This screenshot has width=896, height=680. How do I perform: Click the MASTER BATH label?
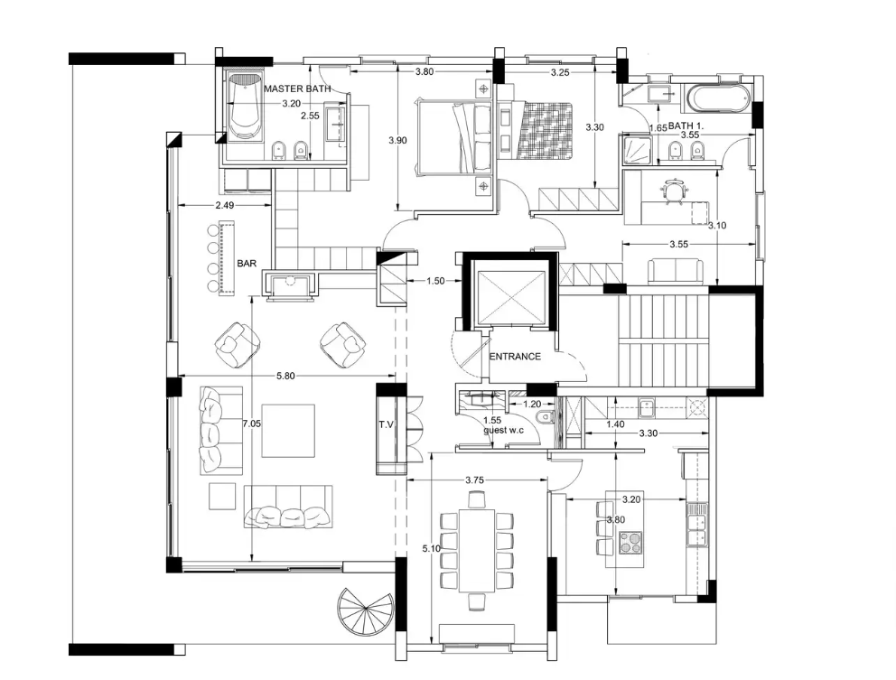point(296,88)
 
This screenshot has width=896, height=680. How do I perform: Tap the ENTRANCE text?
point(515,357)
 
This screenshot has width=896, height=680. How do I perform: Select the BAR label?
point(247,264)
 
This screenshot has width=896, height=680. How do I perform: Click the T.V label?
point(387,424)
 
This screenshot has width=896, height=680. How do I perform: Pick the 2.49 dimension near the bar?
point(226,207)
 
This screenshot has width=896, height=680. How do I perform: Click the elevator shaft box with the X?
point(508,295)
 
